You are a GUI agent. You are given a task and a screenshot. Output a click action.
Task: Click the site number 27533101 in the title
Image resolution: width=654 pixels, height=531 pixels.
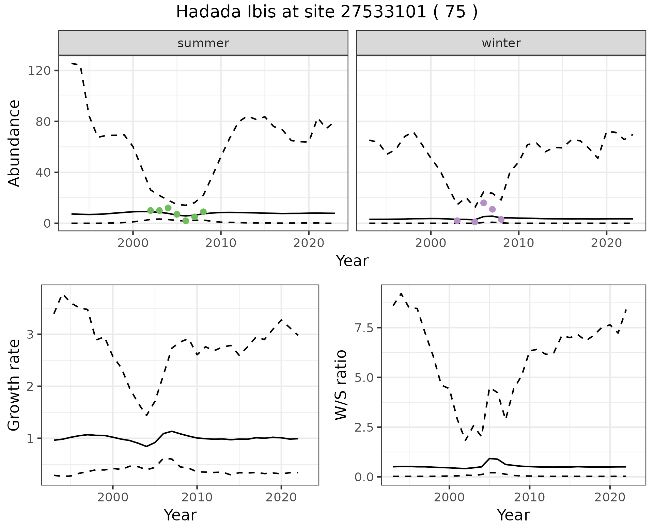tap(383, 12)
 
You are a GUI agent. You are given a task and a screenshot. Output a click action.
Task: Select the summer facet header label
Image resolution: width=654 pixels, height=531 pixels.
tap(203, 43)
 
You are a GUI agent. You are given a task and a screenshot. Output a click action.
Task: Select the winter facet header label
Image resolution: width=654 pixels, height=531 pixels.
tap(501, 43)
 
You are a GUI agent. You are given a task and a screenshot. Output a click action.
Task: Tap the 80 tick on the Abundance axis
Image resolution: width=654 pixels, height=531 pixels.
tap(43, 122)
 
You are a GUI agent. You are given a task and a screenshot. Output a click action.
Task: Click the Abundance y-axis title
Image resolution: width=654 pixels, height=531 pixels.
tap(14, 143)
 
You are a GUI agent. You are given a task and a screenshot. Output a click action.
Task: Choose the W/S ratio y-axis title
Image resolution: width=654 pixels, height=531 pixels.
tap(341, 385)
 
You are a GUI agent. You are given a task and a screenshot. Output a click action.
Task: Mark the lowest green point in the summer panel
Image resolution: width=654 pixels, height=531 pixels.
tap(186, 221)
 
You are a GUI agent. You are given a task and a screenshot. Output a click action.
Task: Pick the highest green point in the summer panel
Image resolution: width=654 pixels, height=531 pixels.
tap(168, 208)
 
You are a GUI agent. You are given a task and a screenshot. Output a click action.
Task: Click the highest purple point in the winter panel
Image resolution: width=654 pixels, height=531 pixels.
tap(483, 203)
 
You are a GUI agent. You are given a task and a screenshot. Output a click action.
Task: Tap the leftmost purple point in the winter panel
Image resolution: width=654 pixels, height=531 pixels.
tap(457, 221)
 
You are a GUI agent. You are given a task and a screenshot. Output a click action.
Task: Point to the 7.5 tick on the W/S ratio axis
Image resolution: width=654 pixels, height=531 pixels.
tap(364, 328)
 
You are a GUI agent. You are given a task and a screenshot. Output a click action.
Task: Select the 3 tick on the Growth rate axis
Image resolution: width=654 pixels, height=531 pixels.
tap(31, 334)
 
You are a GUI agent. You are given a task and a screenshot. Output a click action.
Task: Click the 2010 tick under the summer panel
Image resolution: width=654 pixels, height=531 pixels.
tap(221, 243)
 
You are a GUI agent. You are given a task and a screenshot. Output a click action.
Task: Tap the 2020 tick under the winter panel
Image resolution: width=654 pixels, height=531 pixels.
tap(606, 243)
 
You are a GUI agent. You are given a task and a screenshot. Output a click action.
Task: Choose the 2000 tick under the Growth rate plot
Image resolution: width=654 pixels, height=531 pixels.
tap(113, 497)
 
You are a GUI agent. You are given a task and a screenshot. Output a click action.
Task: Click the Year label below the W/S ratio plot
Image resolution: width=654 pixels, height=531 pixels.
tap(513, 515)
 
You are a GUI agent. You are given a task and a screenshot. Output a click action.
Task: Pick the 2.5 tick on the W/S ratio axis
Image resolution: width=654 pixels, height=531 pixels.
tap(364, 427)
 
